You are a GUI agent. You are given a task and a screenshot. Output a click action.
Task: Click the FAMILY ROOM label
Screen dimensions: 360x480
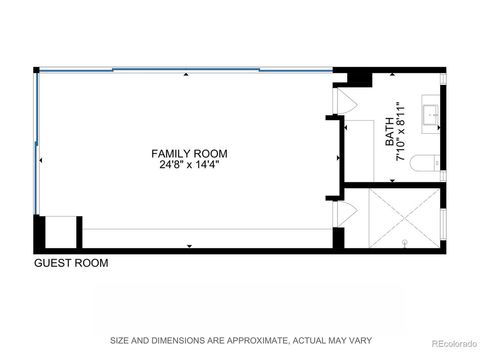pos(189,154)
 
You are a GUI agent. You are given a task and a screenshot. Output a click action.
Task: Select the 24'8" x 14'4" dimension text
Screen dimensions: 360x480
pos(189,166)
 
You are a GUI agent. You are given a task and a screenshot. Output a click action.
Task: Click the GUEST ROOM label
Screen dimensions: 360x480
pos(71,264)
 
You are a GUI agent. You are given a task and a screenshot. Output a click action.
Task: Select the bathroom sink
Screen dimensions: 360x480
pos(432,115)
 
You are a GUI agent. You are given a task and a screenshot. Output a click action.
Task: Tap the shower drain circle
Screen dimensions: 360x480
pos(405,241)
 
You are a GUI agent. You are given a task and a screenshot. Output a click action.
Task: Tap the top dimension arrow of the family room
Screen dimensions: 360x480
pos(189,73)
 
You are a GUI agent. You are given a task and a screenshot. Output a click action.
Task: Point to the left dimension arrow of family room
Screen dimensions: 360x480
pos(41,160)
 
